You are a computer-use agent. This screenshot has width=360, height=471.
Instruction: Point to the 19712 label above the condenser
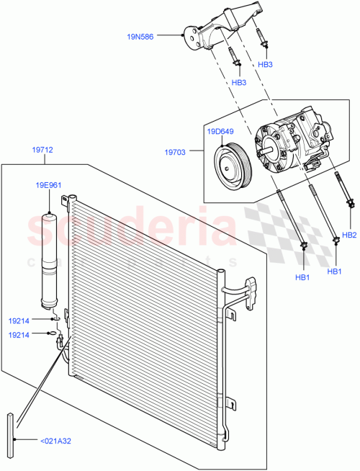42,151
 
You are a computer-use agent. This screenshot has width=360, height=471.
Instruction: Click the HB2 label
349,235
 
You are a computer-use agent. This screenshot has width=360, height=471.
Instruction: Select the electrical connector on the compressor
311,165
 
